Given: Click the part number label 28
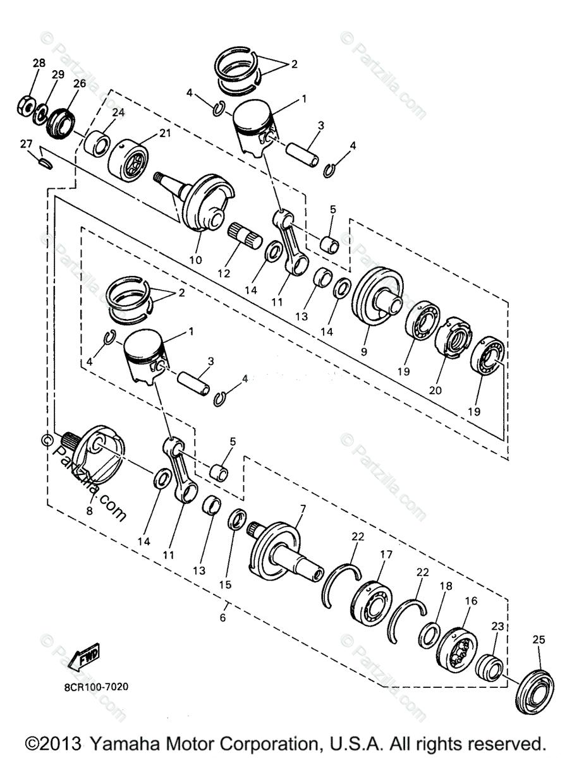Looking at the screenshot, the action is coord(39,63).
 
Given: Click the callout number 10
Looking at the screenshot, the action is coord(195,260).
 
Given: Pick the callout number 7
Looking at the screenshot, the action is coord(303,508).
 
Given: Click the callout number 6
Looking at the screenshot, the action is coord(222,618).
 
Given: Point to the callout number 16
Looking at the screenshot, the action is coord(471,601).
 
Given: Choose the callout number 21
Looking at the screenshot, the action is coord(165,133).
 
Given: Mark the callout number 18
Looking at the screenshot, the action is coord(446,586).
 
